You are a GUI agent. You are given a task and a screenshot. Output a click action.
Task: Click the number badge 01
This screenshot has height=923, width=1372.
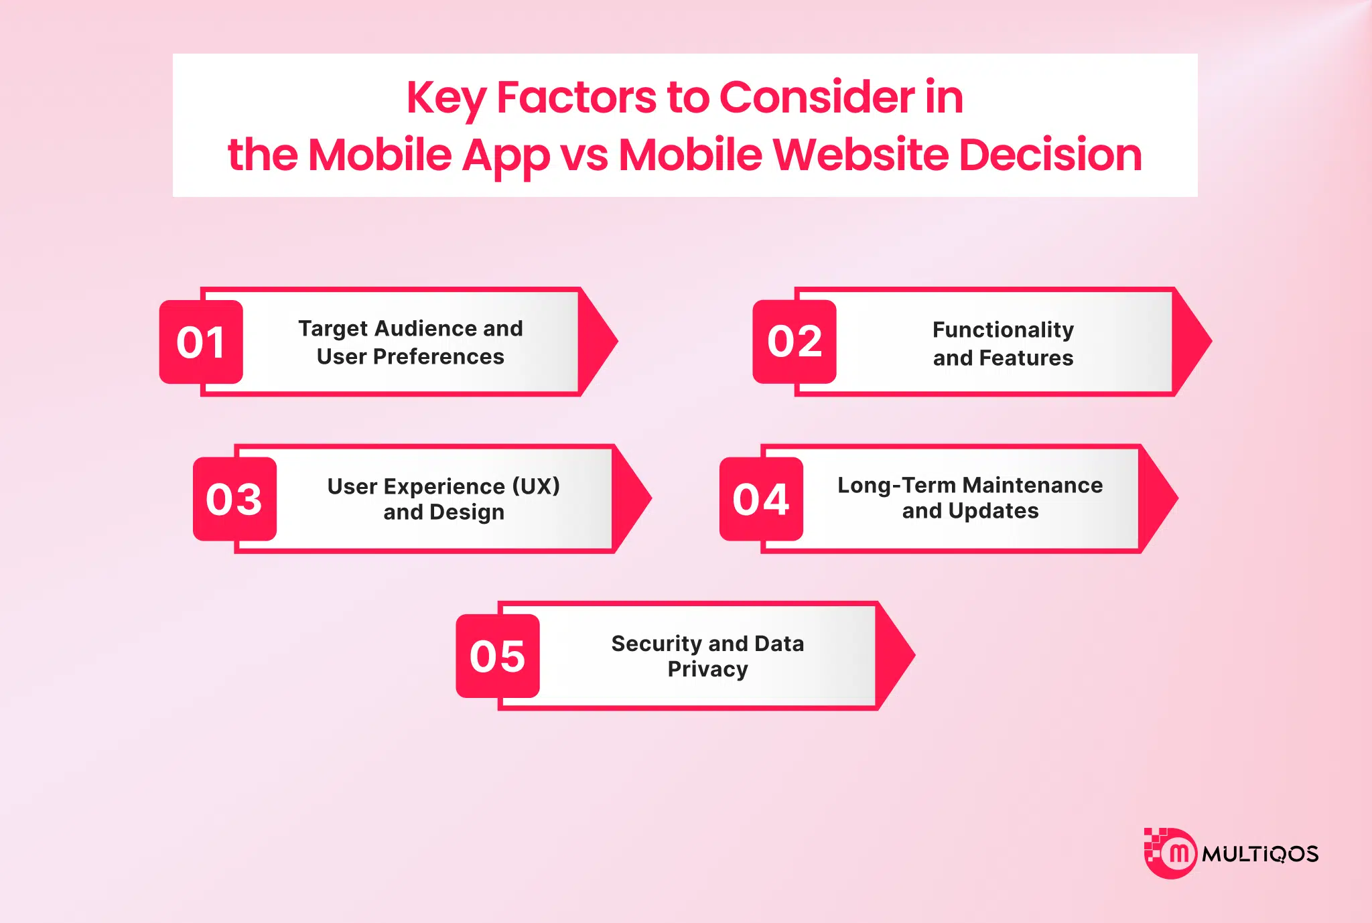(201, 342)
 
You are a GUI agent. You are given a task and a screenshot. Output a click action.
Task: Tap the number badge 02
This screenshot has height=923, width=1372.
(795, 342)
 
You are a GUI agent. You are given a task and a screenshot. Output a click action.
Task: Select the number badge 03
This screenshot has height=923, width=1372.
(234, 499)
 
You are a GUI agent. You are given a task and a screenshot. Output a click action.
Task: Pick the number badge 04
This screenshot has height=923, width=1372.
(761, 499)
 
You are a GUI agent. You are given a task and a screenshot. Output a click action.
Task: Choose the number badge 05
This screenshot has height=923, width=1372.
(498, 656)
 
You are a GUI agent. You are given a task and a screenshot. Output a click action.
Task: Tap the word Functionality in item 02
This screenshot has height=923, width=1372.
(1003, 331)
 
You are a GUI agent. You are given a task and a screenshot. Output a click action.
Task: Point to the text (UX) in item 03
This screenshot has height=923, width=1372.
(536, 486)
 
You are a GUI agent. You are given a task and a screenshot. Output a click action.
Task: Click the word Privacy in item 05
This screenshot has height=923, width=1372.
(708, 670)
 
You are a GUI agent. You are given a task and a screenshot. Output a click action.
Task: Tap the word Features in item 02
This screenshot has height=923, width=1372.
(1026, 358)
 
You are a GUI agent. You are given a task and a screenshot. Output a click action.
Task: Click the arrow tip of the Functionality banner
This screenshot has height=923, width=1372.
(1212, 340)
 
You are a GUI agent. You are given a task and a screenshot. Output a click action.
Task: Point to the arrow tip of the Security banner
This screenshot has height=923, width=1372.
(915, 654)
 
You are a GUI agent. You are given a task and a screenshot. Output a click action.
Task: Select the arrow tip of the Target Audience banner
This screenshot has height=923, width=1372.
(618, 340)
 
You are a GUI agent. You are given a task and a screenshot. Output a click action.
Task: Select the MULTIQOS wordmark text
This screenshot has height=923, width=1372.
(1260, 854)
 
